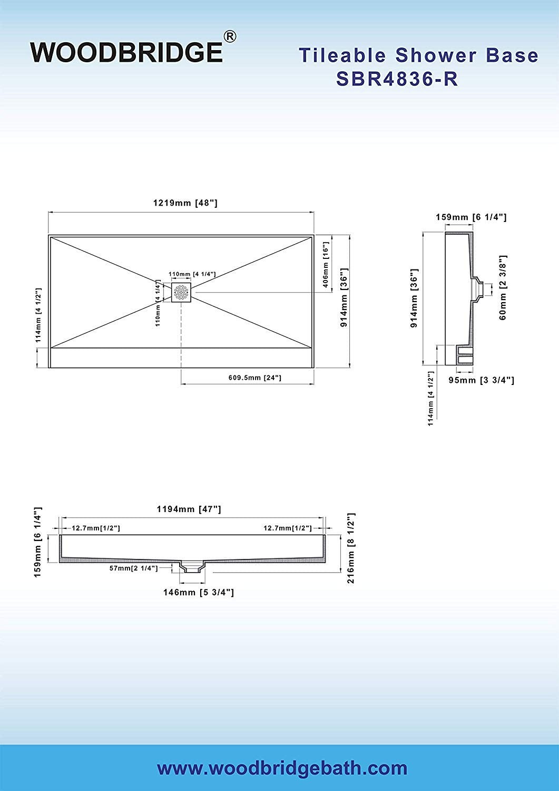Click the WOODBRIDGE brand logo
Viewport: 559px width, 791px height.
click(127, 52)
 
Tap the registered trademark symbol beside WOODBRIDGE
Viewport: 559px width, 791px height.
click(230, 37)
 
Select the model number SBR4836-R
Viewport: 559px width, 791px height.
click(397, 79)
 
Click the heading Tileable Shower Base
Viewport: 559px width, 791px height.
click(418, 55)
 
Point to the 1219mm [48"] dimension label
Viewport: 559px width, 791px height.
click(185, 202)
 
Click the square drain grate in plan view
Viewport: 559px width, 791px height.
click(181, 292)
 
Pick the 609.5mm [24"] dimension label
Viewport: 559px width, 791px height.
click(255, 378)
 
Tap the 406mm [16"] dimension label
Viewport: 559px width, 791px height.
click(326, 265)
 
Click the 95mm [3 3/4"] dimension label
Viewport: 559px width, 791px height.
click(482, 380)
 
